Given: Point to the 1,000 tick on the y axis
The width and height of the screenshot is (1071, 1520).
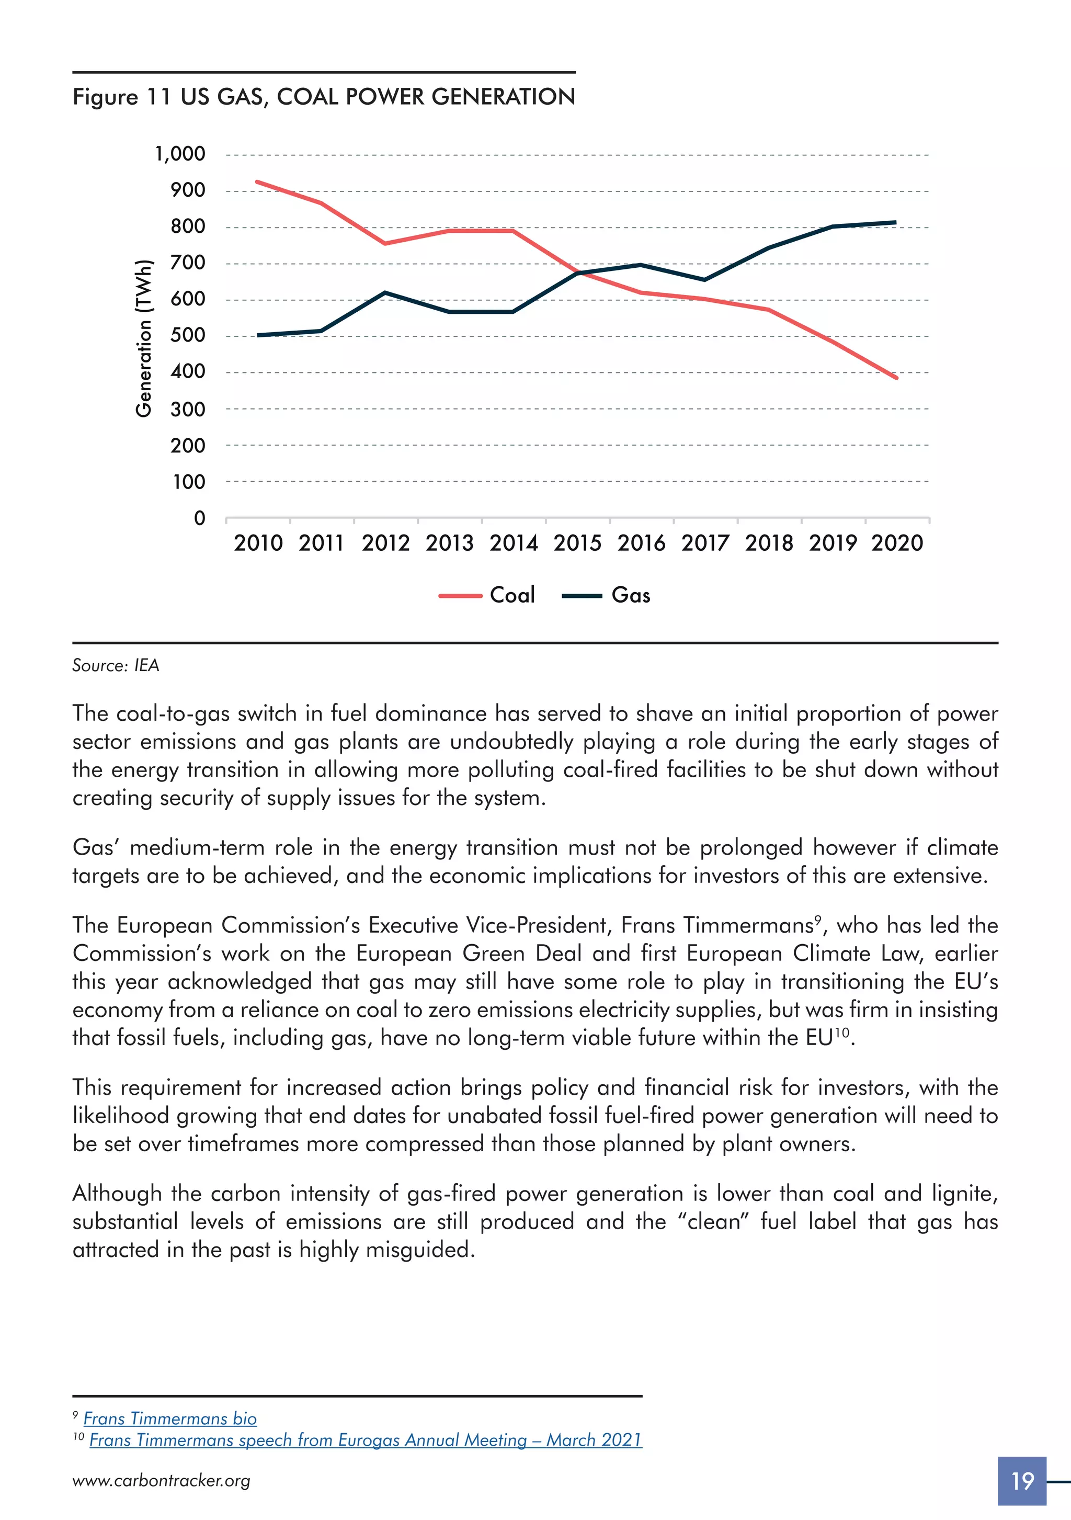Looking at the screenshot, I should pos(180,154).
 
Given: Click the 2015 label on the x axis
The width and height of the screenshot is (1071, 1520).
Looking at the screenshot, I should pos(577,543).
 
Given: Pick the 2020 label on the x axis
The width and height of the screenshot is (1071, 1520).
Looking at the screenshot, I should pos(897,543).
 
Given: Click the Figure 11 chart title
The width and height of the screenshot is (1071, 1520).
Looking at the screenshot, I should pos(324,97).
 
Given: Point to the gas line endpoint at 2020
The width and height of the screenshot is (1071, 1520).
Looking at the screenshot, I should pos(896,222).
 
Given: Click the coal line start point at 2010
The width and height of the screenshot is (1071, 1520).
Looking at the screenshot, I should pos(257,182).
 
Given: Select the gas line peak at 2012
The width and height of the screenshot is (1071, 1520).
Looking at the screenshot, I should pos(385,292).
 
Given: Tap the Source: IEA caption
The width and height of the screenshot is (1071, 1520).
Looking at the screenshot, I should pos(116,665).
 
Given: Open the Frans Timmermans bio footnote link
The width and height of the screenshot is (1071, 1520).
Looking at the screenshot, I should pos(170,1418).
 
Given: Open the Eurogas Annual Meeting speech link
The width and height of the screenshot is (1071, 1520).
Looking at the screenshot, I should pos(366,1440).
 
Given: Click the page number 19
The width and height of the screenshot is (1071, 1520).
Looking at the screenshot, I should pos(1022,1480).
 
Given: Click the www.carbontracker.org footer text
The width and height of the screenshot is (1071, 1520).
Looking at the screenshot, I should pos(162,1481).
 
